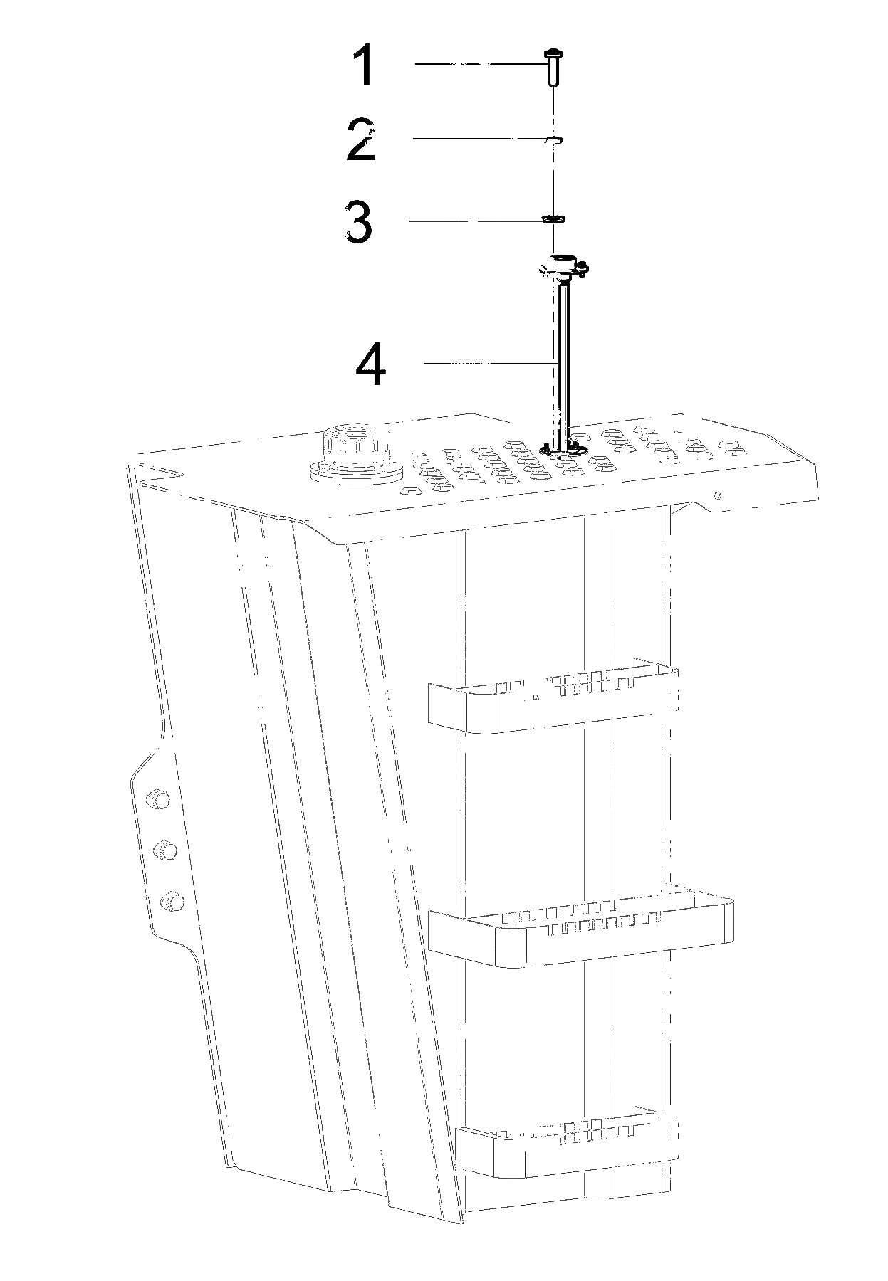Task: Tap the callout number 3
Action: point(358,221)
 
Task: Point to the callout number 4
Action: point(371,364)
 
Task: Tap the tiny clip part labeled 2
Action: point(553,139)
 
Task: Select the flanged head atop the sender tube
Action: point(563,267)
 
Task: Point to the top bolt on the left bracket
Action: point(157,798)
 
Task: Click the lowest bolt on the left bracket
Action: point(172,902)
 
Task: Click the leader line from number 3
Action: point(476,221)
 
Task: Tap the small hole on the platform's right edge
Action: point(718,495)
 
